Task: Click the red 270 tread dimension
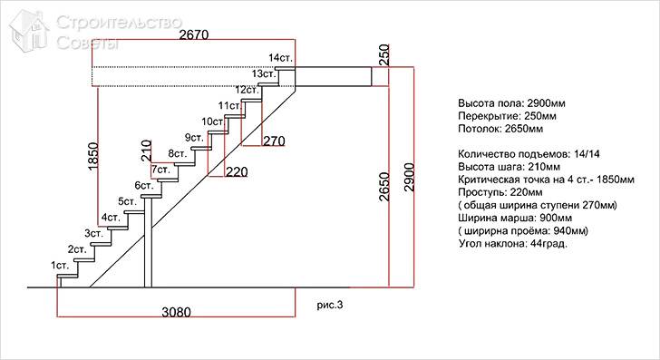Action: (x=274, y=141)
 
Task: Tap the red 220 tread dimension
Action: (x=236, y=171)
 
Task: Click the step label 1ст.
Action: (x=61, y=265)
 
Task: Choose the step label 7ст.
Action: (x=160, y=170)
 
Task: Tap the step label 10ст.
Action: (x=212, y=122)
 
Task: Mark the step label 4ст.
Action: (x=111, y=218)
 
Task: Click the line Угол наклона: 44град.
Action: (x=513, y=244)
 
